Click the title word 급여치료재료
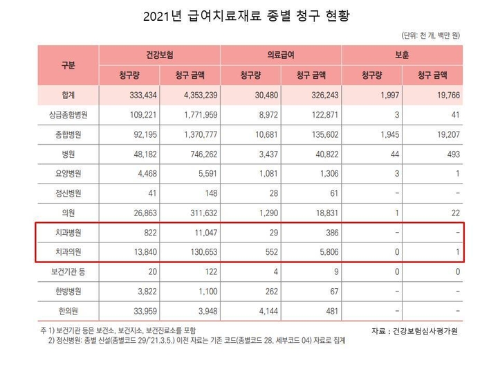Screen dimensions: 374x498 (222, 16)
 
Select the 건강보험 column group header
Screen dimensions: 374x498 (160, 55)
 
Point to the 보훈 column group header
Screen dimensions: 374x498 (402, 55)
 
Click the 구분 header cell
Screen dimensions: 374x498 (68, 64)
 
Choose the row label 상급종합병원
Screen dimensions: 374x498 (68, 114)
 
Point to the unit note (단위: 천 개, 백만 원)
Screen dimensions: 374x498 (431, 35)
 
